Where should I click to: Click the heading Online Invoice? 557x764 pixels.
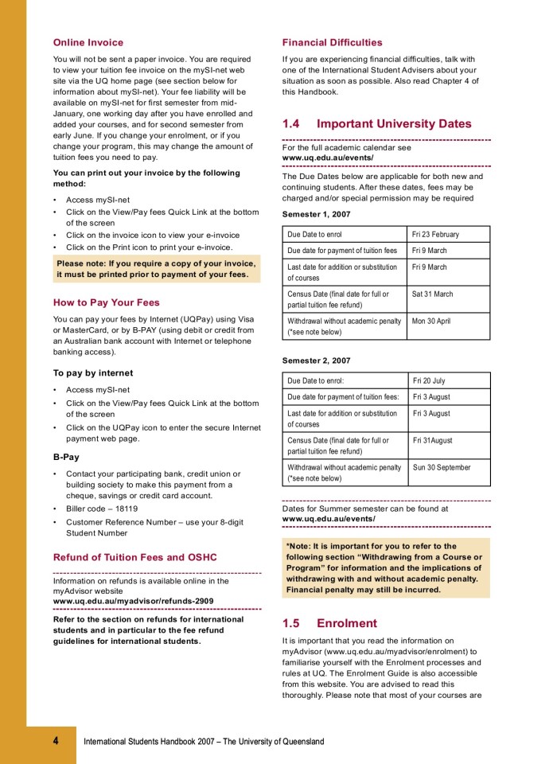pyautogui.click(x=88, y=42)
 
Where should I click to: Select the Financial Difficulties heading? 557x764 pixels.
pyautogui.click(x=332, y=42)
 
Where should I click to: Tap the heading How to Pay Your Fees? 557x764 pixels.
pyautogui.click(x=106, y=302)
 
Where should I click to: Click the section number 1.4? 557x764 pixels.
pyautogui.click(x=291, y=124)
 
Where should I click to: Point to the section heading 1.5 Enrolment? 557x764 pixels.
pyautogui.click(x=329, y=623)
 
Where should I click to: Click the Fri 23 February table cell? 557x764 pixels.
pyautogui.click(x=435, y=235)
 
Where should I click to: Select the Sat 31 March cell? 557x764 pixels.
pyautogui.click(x=433, y=294)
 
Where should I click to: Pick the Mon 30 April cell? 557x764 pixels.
pyautogui.click(x=431, y=322)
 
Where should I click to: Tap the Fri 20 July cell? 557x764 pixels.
pyautogui.click(x=429, y=381)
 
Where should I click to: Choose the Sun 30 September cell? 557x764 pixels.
pyautogui.click(x=442, y=468)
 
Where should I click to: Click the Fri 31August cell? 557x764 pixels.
pyautogui.click(x=433, y=440)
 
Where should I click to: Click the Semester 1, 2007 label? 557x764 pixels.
pyautogui.click(x=316, y=214)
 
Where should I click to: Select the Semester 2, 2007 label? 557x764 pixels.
pyautogui.click(x=316, y=361)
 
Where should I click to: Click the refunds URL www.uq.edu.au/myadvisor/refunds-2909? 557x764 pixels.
pyautogui.click(x=133, y=601)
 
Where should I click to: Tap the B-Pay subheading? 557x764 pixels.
pyautogui.click(x=66, y=457)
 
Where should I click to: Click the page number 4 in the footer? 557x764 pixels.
pyautogui.click(x=56, y=741)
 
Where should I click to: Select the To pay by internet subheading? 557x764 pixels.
pyautogui.click(x=93, y=372)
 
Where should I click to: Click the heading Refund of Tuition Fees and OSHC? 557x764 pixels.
pyautogui.click(x=134, y=557)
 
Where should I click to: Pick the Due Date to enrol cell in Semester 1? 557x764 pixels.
pyautogui.click(x=315, y=235)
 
